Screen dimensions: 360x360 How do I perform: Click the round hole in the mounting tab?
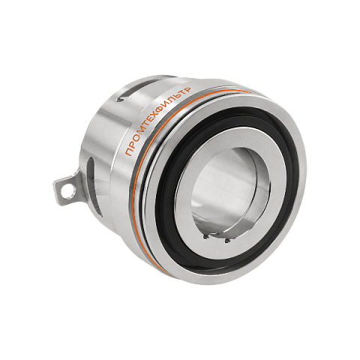point(68,192)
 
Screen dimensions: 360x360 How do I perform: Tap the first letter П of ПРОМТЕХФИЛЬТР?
point(129,151)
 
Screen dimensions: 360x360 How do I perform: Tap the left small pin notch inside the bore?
point(205,237)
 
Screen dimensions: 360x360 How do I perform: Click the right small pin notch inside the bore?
point(226,241)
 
